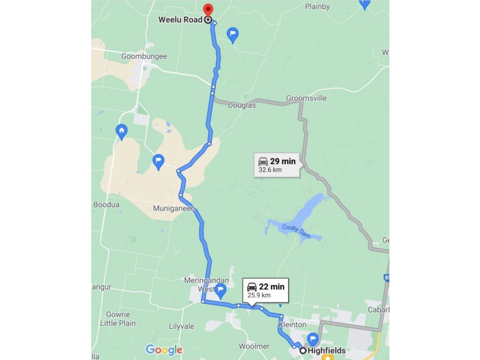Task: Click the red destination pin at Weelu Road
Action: pyautogui.click(x=208, y=11)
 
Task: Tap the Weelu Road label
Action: pyautogui.click(x=180, y=20)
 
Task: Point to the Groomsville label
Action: pyautogui.click(x=306, y=98)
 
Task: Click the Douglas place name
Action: pyautogui.click(x=242, y=105)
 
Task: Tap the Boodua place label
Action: pyautogui.click(x=106, y=205)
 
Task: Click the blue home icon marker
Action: pyautogui.click(x=122, y=131)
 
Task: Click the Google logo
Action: pyautogui.click(x=164, y=350)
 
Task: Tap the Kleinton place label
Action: pyautogui.click(x=293, y=325)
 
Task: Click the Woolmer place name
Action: pyautogui.click(x=254, y=346)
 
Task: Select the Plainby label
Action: pyautogui.click(x=317, y=7)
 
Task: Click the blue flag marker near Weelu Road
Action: pyautogui.click(x=233, y=35)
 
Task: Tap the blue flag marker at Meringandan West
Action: pyautogui.click(x=220, y=291)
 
